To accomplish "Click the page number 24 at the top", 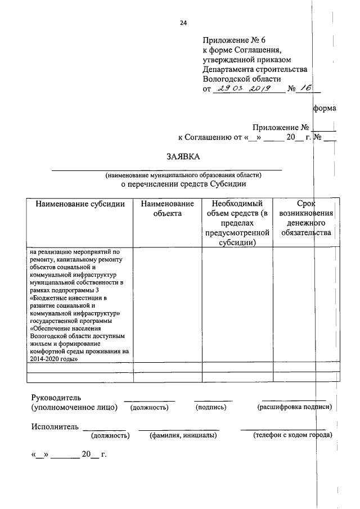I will point(183,23).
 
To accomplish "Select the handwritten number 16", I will point(307,88).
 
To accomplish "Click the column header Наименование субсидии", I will point(80,204).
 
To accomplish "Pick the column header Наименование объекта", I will point(167,209).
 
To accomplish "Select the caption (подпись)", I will point(211,407).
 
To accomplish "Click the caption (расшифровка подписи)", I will point(294,407).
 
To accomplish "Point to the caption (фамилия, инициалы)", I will point(179,435).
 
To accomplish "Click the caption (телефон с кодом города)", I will point(292,435).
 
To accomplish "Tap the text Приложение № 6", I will point(231,40).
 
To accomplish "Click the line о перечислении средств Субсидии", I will point(183,183).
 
